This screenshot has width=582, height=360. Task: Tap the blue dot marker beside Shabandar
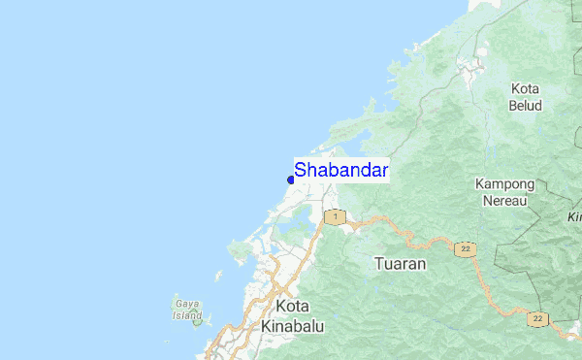[x=291, y=180]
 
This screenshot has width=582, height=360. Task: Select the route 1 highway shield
[x=335, y=216]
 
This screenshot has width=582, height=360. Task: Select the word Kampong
[x=504, y=184]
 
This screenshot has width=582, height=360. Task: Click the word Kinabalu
[x=293, y=327]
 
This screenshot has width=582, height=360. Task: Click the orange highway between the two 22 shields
[x=501, y=291]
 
